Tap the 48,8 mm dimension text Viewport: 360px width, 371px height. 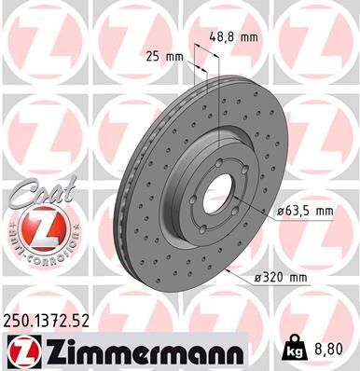[x=230, y=37]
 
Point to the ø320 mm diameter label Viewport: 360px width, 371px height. [x=282, y=276]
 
